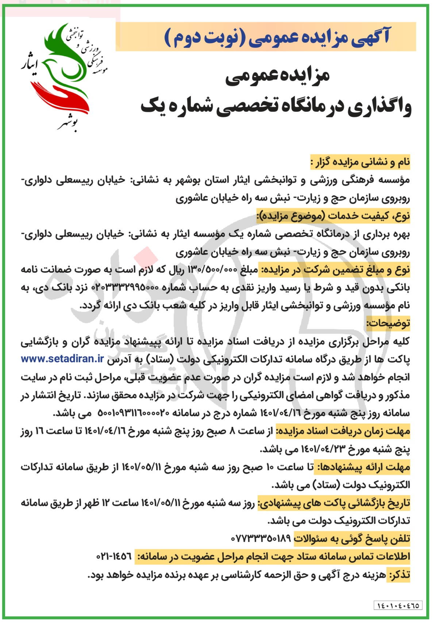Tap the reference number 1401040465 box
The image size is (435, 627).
399,605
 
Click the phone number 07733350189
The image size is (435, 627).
261,538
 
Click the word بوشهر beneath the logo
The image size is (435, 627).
68,124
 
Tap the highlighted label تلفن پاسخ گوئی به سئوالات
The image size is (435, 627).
352,538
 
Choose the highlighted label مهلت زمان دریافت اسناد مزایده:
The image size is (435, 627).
343,431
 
